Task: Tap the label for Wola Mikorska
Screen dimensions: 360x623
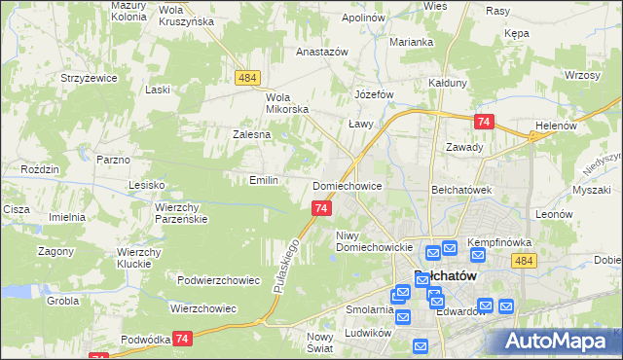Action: (x=287, y=103)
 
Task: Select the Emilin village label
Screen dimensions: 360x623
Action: (x=264, y=180)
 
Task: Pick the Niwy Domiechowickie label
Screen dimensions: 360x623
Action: (x=375, y=240)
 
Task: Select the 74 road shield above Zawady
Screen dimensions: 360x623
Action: (x=484, y=122)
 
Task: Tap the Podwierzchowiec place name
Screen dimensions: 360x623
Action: (x=218, y=280)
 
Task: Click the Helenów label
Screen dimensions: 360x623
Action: (x=557, y=126)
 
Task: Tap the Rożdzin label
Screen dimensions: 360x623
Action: (x=40, y=168)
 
